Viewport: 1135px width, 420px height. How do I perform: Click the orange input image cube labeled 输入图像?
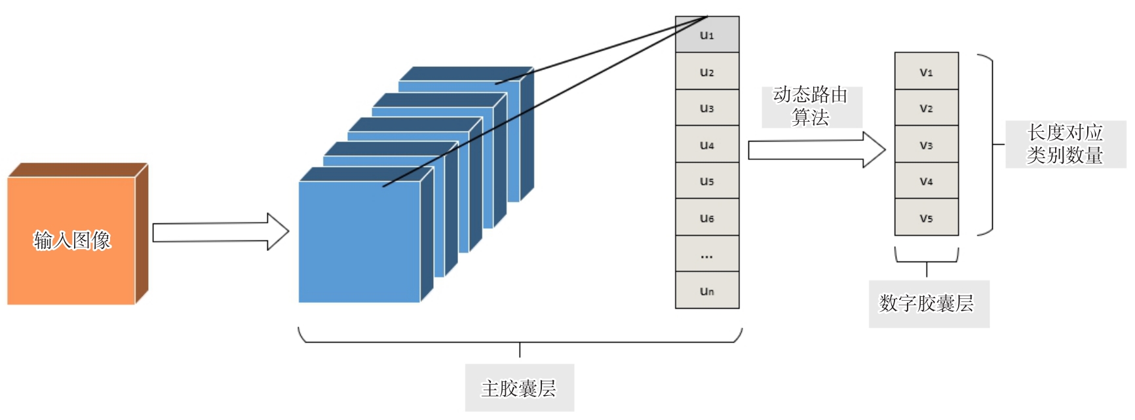click(71, 240)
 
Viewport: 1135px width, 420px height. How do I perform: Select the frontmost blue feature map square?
click(359, 242)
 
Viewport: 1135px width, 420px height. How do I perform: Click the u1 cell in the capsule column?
click(707, 35)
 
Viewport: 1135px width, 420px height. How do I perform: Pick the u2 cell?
click(707, 71)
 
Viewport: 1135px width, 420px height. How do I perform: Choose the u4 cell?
click(707, 144)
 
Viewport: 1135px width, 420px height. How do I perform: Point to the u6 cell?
click(707, 218)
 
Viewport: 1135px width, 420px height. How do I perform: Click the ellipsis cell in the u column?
click(707, 254)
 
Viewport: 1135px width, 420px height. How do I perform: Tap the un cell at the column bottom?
click(707, 290)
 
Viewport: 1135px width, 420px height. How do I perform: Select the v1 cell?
click(926, 71)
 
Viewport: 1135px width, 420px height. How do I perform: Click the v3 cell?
click(926, 144)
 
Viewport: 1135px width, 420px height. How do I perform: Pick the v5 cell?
click(926, 218)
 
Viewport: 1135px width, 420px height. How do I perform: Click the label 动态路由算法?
click(811, 106)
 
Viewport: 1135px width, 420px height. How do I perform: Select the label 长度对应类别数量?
click(1065, 144)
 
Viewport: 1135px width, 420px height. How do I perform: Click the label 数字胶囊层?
click(929, 303)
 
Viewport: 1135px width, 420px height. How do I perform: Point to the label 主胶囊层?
click(519, 388)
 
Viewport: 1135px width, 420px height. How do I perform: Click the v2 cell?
click(926, 108)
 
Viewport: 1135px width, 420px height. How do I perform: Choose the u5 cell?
click(707, 181)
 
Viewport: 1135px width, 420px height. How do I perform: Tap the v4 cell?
click(926, 181)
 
